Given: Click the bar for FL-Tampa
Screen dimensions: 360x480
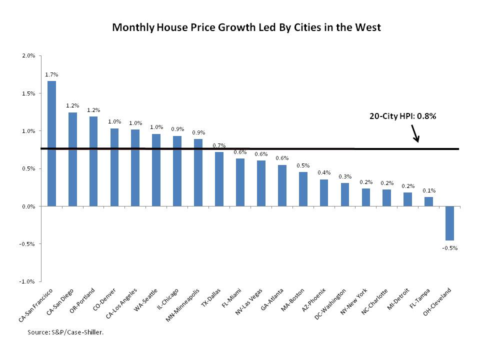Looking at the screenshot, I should click(x=428, y=201).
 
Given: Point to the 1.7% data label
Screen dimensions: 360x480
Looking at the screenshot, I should click(x=51, y=74).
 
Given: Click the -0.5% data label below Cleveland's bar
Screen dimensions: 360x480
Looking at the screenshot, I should click(x=449, y=247).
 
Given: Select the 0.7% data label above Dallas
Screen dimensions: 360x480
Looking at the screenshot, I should click(x=219, y=145).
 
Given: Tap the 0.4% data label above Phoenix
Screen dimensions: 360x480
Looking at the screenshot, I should click(x=324, y=172).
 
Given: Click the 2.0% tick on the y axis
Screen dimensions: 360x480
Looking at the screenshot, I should click(x=28, y=55).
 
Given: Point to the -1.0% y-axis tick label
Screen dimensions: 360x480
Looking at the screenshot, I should click(x=27, y=281).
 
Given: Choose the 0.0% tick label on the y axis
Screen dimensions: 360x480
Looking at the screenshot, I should click(x=28, y=206).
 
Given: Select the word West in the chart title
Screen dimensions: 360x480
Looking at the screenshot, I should click(x=368, y=27).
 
